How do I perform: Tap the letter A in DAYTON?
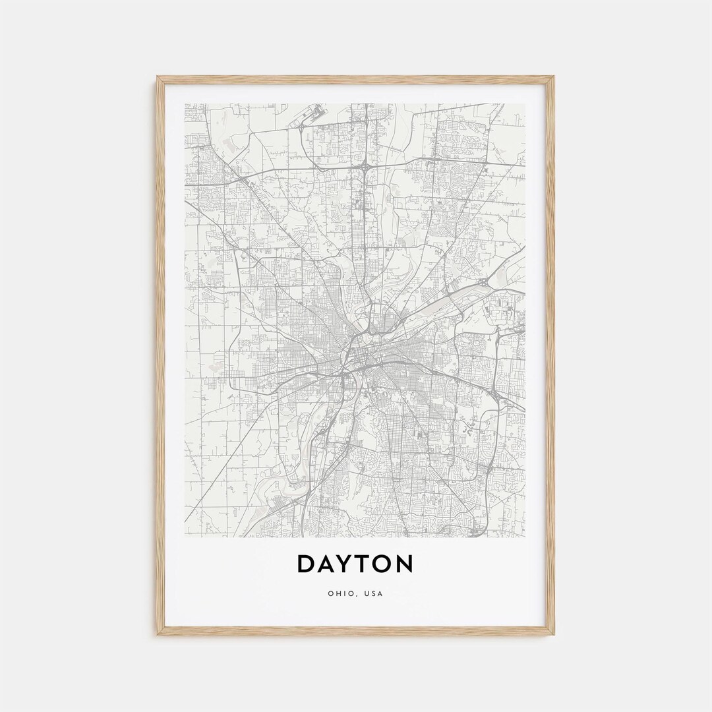[328, 564]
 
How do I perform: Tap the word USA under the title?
[373, 593]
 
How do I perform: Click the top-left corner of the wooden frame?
[159, 78]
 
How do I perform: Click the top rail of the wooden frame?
[356, 79]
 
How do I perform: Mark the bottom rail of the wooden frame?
[356, 631]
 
